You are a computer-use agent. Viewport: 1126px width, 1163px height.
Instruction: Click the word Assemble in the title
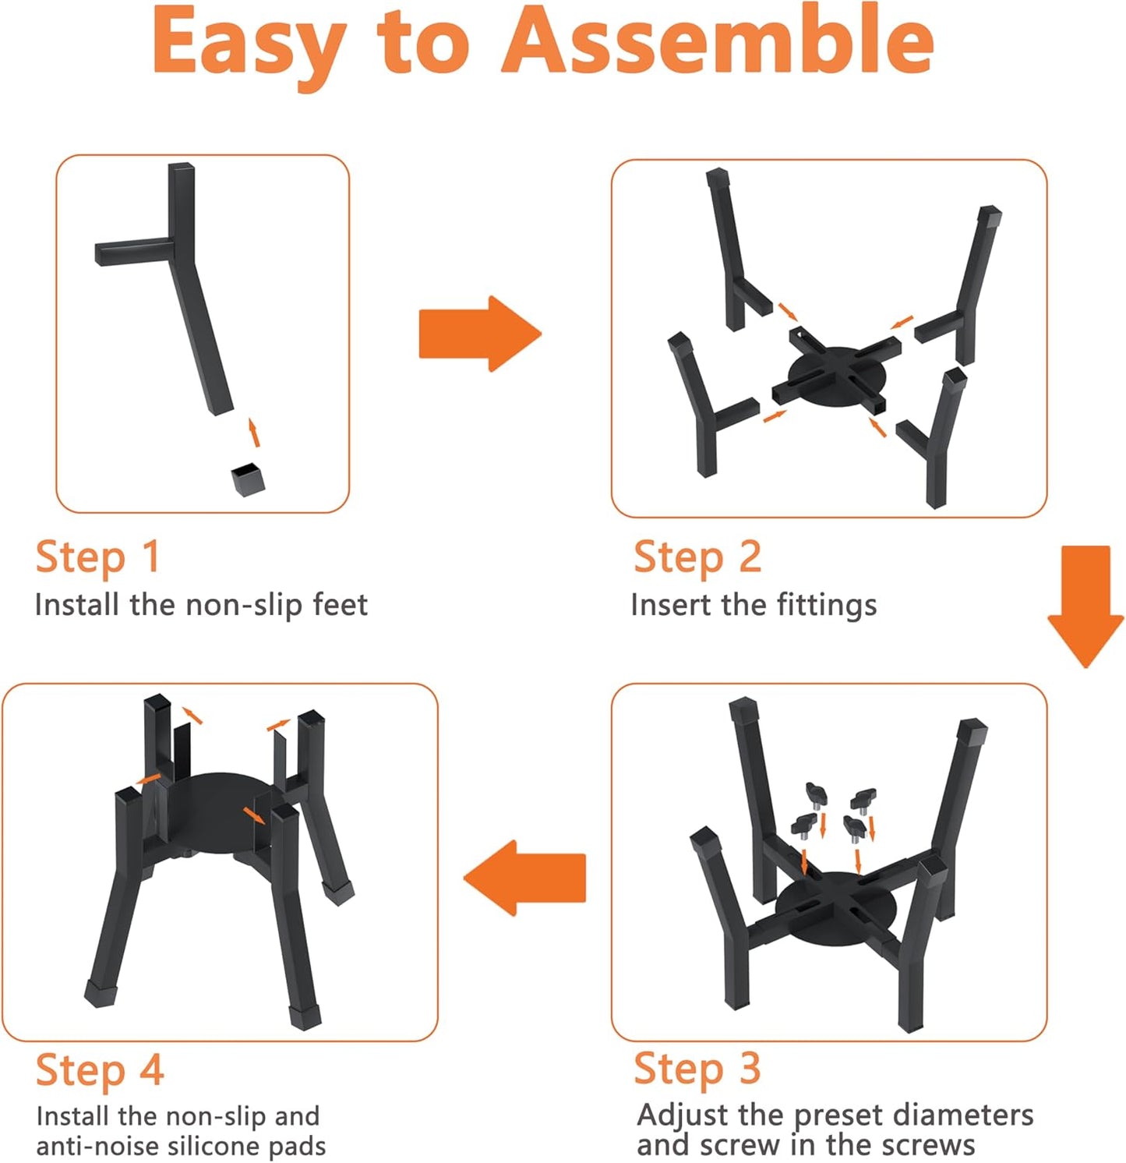718,41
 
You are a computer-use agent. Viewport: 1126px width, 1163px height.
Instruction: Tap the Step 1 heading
98,558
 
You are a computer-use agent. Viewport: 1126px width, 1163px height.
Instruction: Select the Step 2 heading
697,558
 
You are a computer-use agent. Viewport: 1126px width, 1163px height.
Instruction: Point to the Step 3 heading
697,1069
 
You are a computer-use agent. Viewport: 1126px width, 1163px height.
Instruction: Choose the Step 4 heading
100,1070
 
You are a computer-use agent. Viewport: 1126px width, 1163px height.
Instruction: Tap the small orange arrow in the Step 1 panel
253,433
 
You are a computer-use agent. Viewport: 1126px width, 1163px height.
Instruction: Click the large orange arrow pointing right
480,334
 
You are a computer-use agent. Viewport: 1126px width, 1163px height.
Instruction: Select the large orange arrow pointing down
1085,606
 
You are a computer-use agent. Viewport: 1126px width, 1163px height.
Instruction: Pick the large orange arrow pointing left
524,877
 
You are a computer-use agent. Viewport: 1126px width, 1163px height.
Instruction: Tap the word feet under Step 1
340,604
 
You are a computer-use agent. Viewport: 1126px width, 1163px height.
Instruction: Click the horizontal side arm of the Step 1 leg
133,252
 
